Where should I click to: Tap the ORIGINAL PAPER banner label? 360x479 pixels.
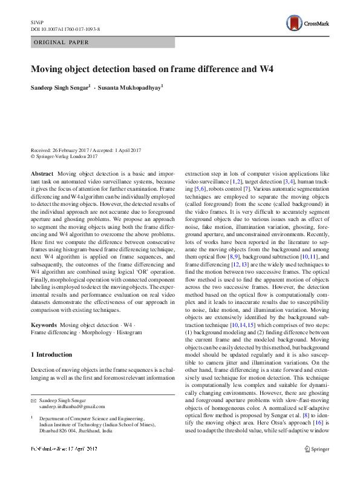tap(61, 42)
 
